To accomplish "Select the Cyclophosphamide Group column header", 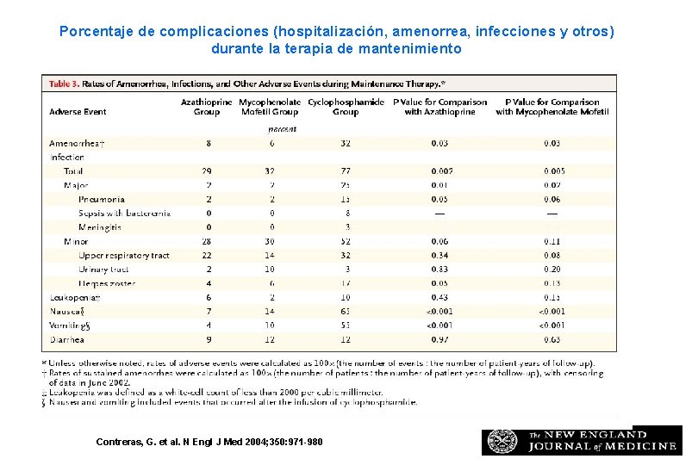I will tap(346, 107).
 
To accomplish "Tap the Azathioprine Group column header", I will tap(207, 107).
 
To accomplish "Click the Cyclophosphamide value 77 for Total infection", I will tap(346, 171).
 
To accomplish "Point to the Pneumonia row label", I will tap(101, 199).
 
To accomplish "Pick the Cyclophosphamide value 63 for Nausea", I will tap(346, 311).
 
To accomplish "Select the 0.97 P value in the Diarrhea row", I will tap(439, 339).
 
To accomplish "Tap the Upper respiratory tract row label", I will tap(124, 255).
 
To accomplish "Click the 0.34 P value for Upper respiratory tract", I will tap(439, 255).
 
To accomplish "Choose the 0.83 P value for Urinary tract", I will tap(439, 270).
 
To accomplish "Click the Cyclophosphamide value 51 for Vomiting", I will tap(346, 325).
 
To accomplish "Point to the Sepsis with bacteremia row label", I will tap(124, 213).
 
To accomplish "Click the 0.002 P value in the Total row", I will tap(439, 171).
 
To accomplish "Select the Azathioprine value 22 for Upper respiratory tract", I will tap(208, 255).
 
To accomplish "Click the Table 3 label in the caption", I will tap(64, 84).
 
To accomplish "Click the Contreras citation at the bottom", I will tap(209, 442).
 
